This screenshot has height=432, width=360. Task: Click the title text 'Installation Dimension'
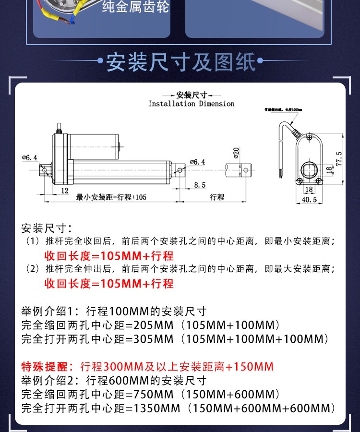click(191, 104)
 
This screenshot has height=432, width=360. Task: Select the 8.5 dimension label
click(200, 185)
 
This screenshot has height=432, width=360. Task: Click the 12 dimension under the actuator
click(64, 190)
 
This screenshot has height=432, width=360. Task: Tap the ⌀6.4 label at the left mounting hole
click(29, 157)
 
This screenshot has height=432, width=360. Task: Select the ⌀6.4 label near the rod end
click(197, 162)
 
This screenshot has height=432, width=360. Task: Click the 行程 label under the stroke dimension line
click(217, 197)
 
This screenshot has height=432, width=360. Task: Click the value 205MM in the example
click(153, 325)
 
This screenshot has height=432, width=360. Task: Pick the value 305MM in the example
click(153, 339)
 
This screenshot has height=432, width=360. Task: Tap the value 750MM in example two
click(153, 395)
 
